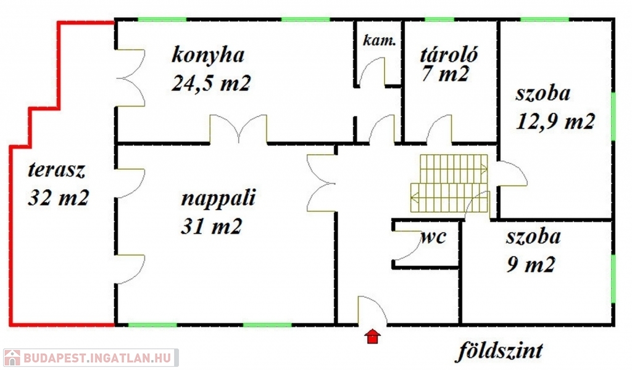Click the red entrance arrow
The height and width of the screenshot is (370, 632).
coord(373,337)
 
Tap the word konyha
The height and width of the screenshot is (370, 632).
coord(208,54)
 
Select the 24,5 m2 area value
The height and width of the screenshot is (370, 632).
coord(210,83)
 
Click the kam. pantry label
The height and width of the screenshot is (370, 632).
coord(379,41)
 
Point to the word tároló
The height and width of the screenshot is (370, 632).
coord(449,53)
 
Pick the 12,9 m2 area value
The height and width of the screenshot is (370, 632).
coord(555,121)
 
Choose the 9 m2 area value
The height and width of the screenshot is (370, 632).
coord(531,265)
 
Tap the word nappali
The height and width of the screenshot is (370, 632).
coord(218,199)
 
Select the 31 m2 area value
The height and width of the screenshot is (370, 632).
coord(210,227)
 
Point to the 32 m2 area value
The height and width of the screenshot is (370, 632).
coord(59,197)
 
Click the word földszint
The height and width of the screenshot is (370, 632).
coord(500,351)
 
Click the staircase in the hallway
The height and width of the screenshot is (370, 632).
coord(451,183)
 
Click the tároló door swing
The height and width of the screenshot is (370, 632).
coord(440,129)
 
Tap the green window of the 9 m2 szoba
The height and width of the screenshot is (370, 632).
coord(613,278)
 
